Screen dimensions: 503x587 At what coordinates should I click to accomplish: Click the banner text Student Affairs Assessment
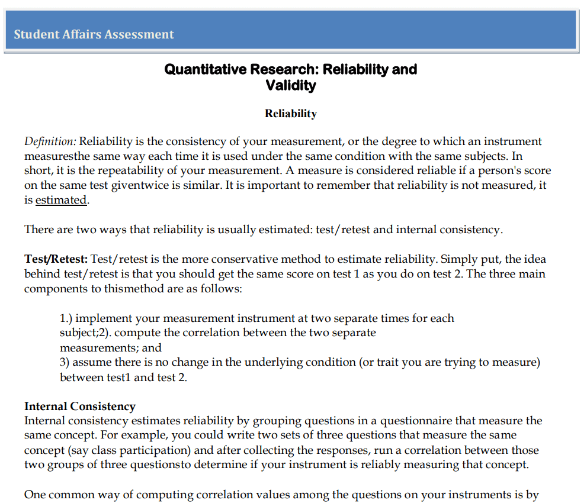click(x=94, y=34)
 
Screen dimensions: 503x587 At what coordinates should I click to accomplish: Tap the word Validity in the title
click(x=291, y=85)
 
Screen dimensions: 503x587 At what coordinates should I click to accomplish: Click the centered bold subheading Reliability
click(x=291, y=114)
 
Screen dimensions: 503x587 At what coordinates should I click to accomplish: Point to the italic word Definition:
click(x=50, y=141)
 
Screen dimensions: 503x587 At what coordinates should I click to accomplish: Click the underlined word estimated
click(x=61, y=200)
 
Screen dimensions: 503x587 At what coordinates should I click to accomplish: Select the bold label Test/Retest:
click(x=56, y=259)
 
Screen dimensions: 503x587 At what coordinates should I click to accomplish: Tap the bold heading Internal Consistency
click(x=80, y=407)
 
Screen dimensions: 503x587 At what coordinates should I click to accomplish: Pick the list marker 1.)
click(x=66, y=318)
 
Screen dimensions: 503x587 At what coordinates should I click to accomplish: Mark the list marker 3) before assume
click(x=65, y=362)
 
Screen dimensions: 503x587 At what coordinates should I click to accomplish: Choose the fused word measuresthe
click(x=58, y=156)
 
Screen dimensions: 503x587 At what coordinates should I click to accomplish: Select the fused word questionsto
click(x=143, y=465)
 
